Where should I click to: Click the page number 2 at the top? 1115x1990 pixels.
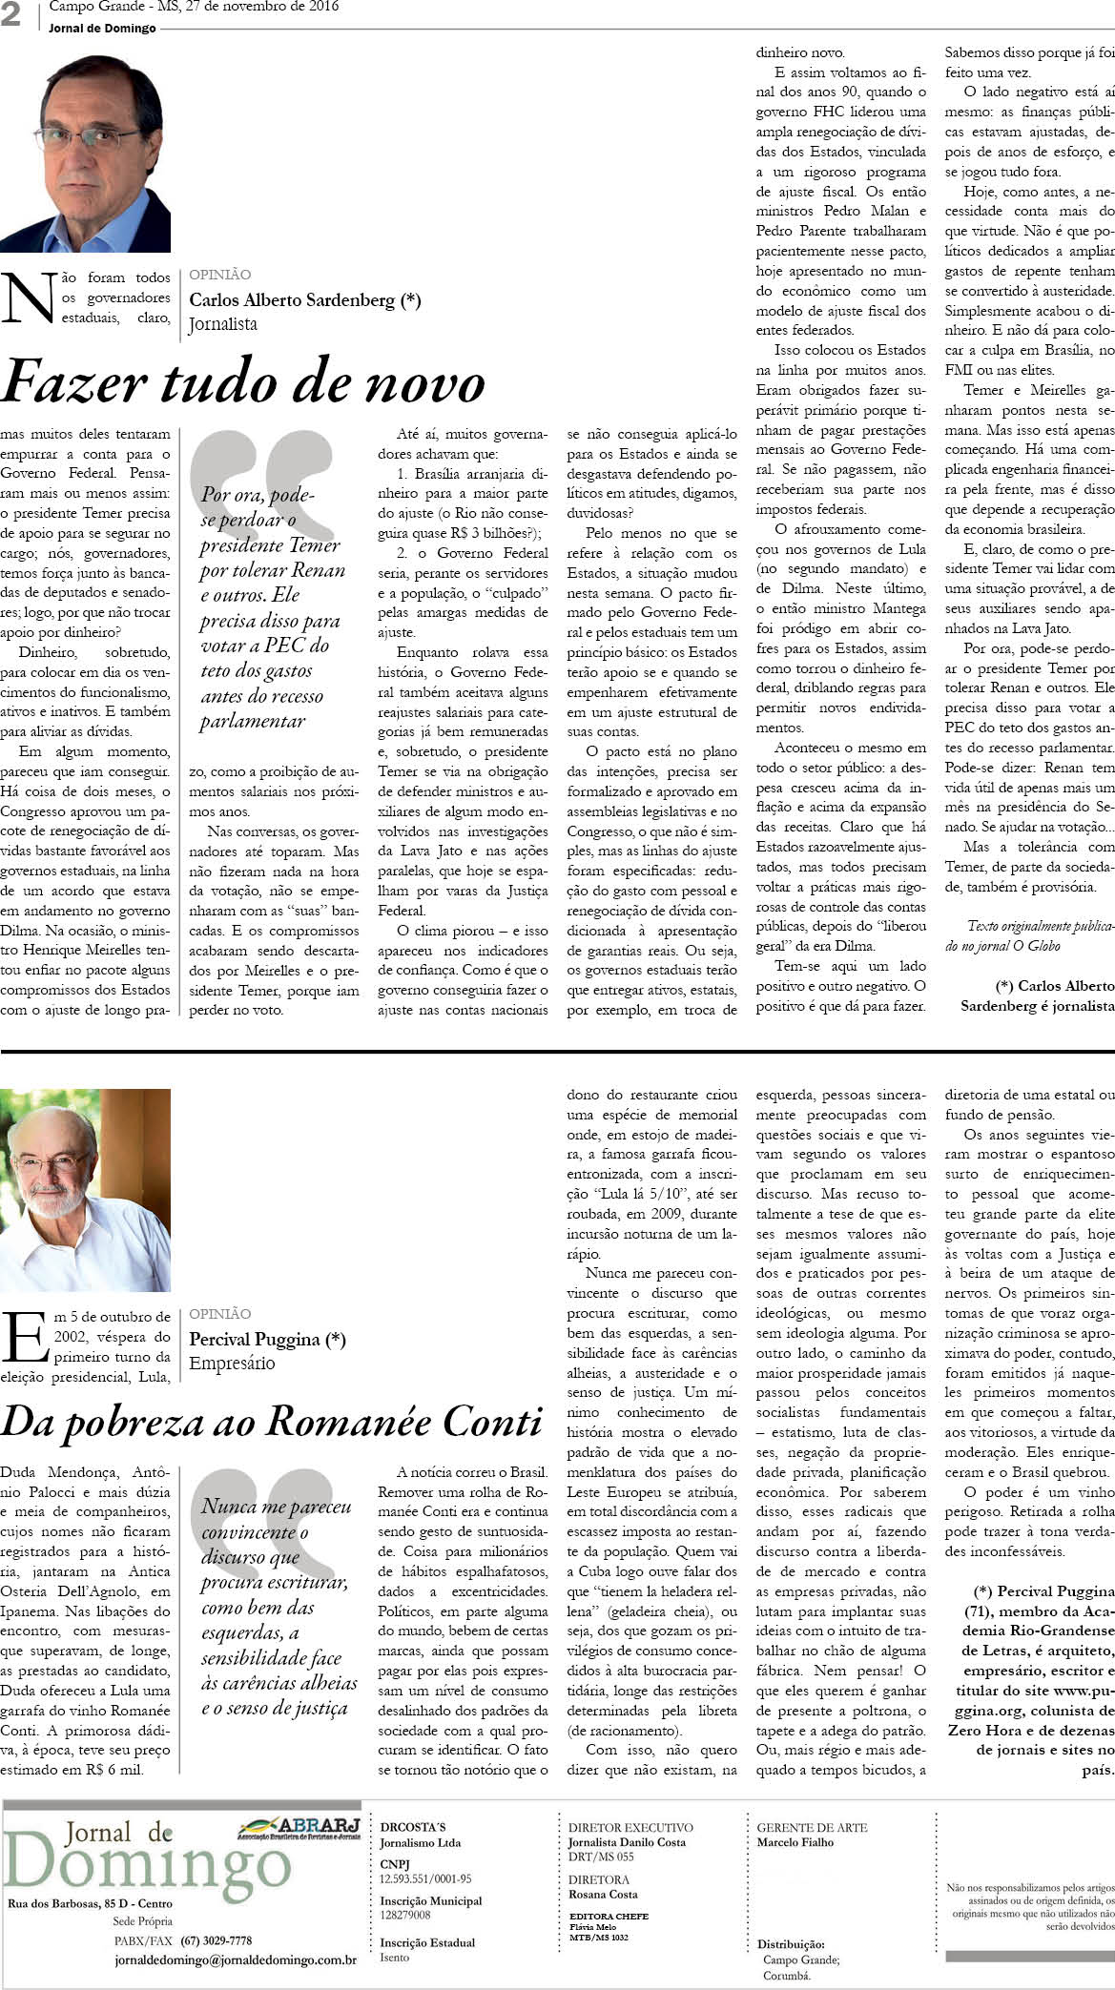(x=11, y=16)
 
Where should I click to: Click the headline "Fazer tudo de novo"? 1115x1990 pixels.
(x=243, y=383)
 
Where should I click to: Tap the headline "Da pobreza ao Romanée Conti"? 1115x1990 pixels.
(x=272, y=1422)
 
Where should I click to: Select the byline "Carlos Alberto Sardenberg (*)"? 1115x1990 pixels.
(x=305, y=299)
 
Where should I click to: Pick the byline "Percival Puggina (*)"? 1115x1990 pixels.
(x=268, y=1339)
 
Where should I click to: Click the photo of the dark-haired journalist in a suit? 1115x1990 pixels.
(x=86, y=154)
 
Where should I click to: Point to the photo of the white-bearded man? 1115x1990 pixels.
(x=86, y=1189)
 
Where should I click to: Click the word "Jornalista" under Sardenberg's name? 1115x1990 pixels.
(x=223, y=324)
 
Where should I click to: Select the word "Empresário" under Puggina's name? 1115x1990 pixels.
(x=232, y=1363)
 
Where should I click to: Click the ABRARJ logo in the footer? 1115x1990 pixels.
(x=299, y=1827)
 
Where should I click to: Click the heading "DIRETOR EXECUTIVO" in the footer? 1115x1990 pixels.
(x=630, y=1828)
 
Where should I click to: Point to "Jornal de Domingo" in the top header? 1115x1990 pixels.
(x=102, y=29)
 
